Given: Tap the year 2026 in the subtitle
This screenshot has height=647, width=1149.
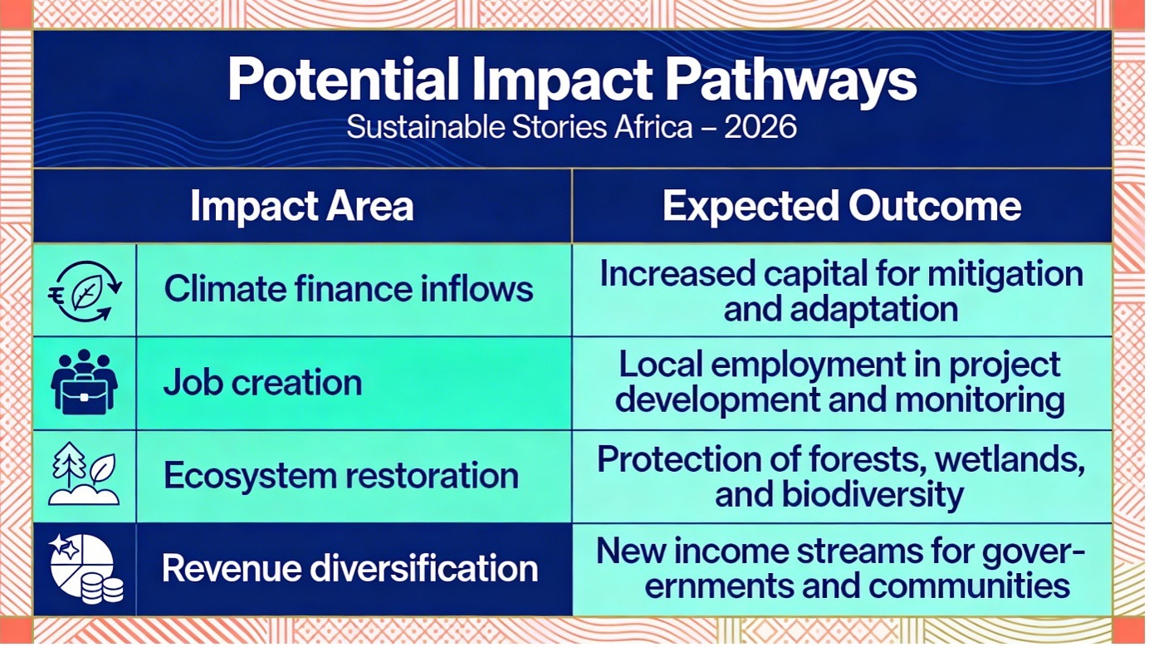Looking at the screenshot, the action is coord(760,127).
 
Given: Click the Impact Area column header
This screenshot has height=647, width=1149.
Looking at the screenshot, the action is coord(302,206).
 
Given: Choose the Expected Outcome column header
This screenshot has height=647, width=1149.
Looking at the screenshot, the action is coord(842,206).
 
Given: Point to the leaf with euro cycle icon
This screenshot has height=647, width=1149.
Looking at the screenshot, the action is coord(86,292).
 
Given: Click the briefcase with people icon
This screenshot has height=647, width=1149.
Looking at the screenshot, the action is coord(85,382).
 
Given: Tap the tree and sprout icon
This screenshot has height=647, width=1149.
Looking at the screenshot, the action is coord(84,474).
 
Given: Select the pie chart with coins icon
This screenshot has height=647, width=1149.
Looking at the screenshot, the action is coord(86,568).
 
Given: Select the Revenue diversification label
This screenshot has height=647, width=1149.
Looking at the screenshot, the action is coord(350,568).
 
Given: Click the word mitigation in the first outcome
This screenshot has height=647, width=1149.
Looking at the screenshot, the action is coord(1005,275).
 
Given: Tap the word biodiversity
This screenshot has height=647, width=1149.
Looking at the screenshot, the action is coord(873,495).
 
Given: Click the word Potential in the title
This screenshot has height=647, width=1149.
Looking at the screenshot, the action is coord(344,80).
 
